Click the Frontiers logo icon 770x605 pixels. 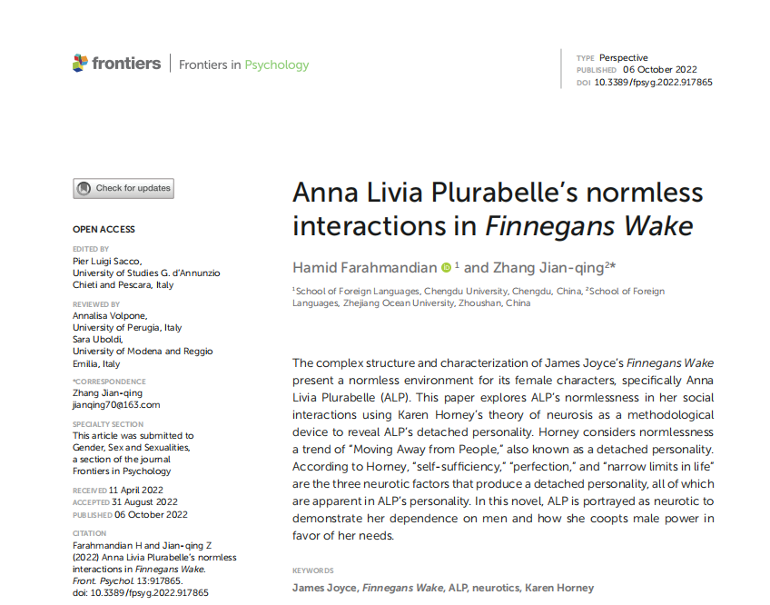(81, 64)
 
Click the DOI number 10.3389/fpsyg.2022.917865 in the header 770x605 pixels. (653, 83)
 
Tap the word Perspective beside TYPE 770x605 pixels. (624, 58)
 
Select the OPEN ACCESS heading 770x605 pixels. (104, 230)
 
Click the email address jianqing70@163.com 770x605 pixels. (116, 405)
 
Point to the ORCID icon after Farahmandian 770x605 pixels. (446, 267)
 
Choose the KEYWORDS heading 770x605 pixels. (313, 570)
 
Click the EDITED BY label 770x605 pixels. (91, 249)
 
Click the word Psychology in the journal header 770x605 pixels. (277, 65)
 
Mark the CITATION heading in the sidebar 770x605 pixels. (90, 533)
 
